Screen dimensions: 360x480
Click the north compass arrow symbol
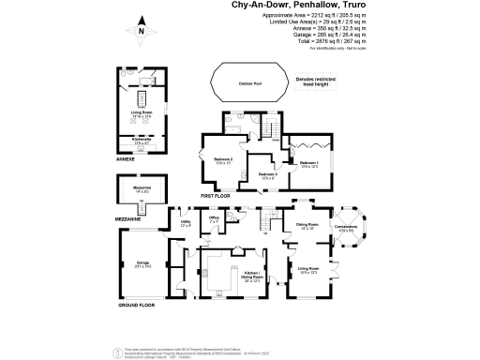point(141,28)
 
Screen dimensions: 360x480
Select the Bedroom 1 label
point(308,164)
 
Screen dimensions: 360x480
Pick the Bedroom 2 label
point(222,162)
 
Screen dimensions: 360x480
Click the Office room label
point(214,220)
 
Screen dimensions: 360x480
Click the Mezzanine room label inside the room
point(141,190)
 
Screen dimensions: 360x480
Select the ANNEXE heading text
point(126,160)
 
